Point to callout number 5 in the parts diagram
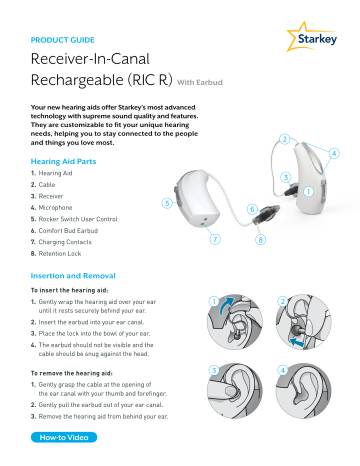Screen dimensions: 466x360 click(166, 202)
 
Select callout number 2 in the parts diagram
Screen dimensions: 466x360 click(285, 138)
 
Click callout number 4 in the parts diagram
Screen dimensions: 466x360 click(333, 153)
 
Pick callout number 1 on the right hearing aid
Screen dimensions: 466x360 click(309, 190)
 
